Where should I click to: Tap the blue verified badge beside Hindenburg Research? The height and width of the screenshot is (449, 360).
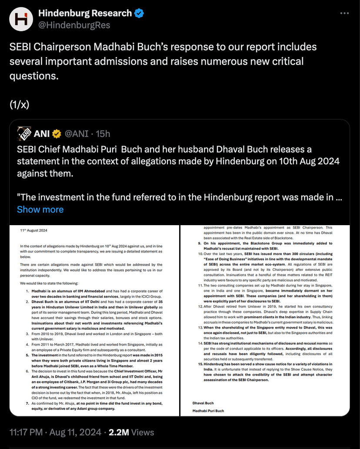point(139,13)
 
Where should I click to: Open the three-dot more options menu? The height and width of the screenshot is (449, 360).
point(344,13)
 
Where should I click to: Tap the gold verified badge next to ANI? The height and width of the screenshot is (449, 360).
point(57,133)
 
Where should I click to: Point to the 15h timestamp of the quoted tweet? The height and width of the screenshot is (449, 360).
point(103,133)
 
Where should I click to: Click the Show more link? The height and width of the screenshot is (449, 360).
point(40,210)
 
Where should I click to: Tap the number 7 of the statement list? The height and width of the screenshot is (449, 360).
point(27,403)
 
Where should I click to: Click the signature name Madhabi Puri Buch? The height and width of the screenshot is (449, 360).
point(208,411)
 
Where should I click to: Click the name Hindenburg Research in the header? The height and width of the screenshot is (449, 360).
point(85,13)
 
